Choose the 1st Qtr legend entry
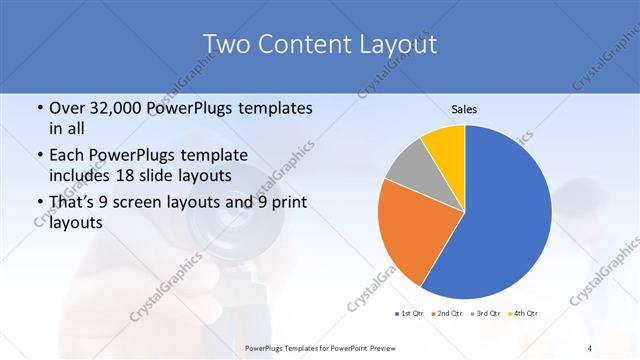pyautogui.click(x=411, y=313)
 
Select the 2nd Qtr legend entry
pyautogui.click(x=446, y=313)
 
